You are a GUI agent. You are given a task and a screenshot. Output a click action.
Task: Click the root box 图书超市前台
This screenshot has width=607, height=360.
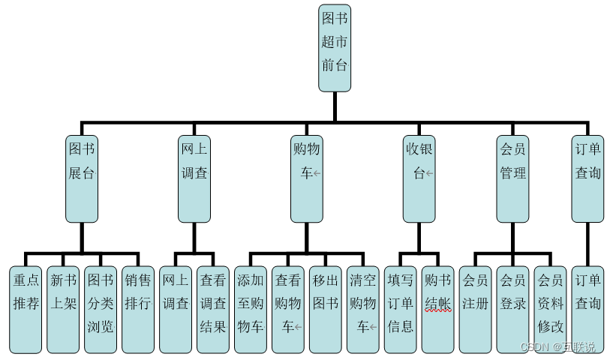click(x=335, y=48)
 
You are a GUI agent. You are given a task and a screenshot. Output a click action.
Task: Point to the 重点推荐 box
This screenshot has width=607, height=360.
click(x=26, y=308)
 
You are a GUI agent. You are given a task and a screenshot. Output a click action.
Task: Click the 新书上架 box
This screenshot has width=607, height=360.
click(x=63, y=308)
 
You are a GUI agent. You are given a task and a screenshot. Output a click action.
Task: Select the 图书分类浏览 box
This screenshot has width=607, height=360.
click(x=101, y=308)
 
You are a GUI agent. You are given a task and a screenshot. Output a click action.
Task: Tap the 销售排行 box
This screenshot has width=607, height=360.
click(x=138, y=308)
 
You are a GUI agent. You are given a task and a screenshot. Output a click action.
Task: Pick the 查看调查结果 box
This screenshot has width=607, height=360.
click(x=213, y=308)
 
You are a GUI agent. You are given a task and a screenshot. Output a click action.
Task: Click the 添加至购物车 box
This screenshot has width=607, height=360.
click(x=251, y=308)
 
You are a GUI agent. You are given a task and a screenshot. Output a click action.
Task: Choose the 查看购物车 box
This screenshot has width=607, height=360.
click(x=288, y=308)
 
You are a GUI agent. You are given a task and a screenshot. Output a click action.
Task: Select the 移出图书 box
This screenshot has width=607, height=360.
click(x=326, y=308)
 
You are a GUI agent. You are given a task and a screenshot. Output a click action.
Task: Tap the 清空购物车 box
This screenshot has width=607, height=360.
click(x=363, y=308)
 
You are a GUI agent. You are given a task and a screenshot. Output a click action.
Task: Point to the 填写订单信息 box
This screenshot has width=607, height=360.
click(x=401, y=308)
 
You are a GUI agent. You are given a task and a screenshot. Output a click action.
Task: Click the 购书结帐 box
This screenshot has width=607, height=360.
click(x=438, y=308)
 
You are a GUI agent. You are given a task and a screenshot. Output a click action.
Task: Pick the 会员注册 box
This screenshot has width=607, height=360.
click(x=476, y=308)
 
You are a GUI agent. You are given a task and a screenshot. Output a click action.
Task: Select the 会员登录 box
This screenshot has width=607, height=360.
click(x=513, y=308)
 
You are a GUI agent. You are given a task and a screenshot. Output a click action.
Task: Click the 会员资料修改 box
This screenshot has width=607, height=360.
click(x=551, y=308)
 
